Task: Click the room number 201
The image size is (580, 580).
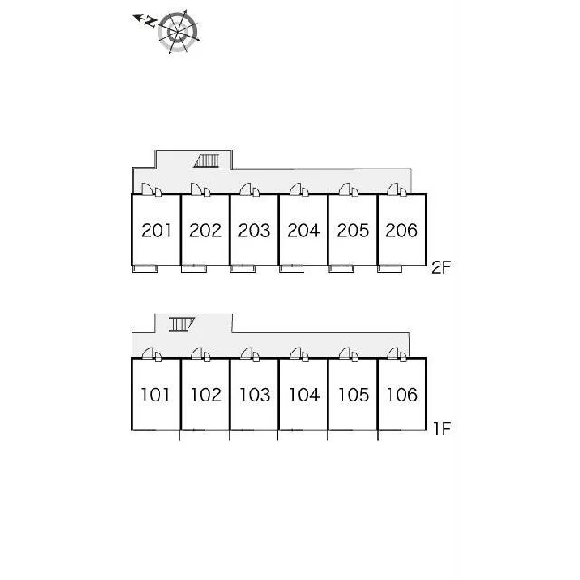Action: [157, 230]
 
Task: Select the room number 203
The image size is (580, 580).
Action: [254, 230]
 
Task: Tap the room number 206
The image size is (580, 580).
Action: [401, 230]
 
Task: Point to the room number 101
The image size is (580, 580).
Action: [155, 394]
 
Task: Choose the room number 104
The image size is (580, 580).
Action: [304, 394]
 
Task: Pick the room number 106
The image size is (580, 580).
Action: [402, 394]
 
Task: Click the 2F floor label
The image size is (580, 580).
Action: [441, 267]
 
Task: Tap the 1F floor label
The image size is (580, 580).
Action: [442, 429]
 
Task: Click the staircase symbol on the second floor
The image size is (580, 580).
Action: [207, 161]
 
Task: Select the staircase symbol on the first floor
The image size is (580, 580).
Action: [182, 324]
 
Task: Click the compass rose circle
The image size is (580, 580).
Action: [178, 33]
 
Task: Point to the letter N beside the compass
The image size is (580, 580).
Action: [150, 22]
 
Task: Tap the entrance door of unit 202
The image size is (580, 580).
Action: [197, 189]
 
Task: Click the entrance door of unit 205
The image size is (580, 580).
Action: [345, 189]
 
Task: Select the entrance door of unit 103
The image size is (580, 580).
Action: [246, 353]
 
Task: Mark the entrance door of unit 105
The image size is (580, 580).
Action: [345, 353]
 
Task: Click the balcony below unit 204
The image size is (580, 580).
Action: [292, 269]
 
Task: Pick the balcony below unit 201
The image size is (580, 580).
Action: [145, 269]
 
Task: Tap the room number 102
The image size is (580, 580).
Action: [206, 394]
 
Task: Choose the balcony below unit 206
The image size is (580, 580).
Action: [390, 269]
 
